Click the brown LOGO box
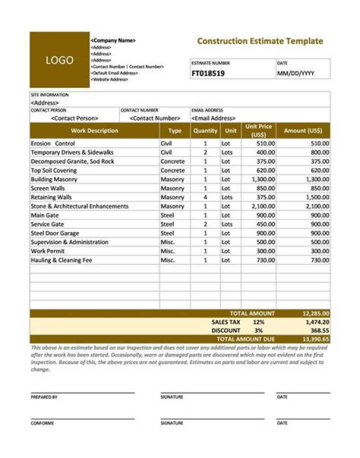(59, 60)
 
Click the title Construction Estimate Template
(260, 41)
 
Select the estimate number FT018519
(208, 73)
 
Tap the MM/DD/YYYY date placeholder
(295, 73)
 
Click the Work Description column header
(94, 131)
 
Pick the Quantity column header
(205, 131)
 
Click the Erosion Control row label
(52, 144)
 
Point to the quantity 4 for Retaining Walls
(205, 197)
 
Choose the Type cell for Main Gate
(167, 215)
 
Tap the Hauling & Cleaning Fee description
(61, 260)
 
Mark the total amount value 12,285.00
(315, 314)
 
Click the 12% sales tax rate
(258, 322)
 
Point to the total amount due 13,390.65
(315, 339)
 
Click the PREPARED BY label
(44, 397)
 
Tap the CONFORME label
(42, 423)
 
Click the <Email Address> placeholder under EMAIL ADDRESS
(213, 118)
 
